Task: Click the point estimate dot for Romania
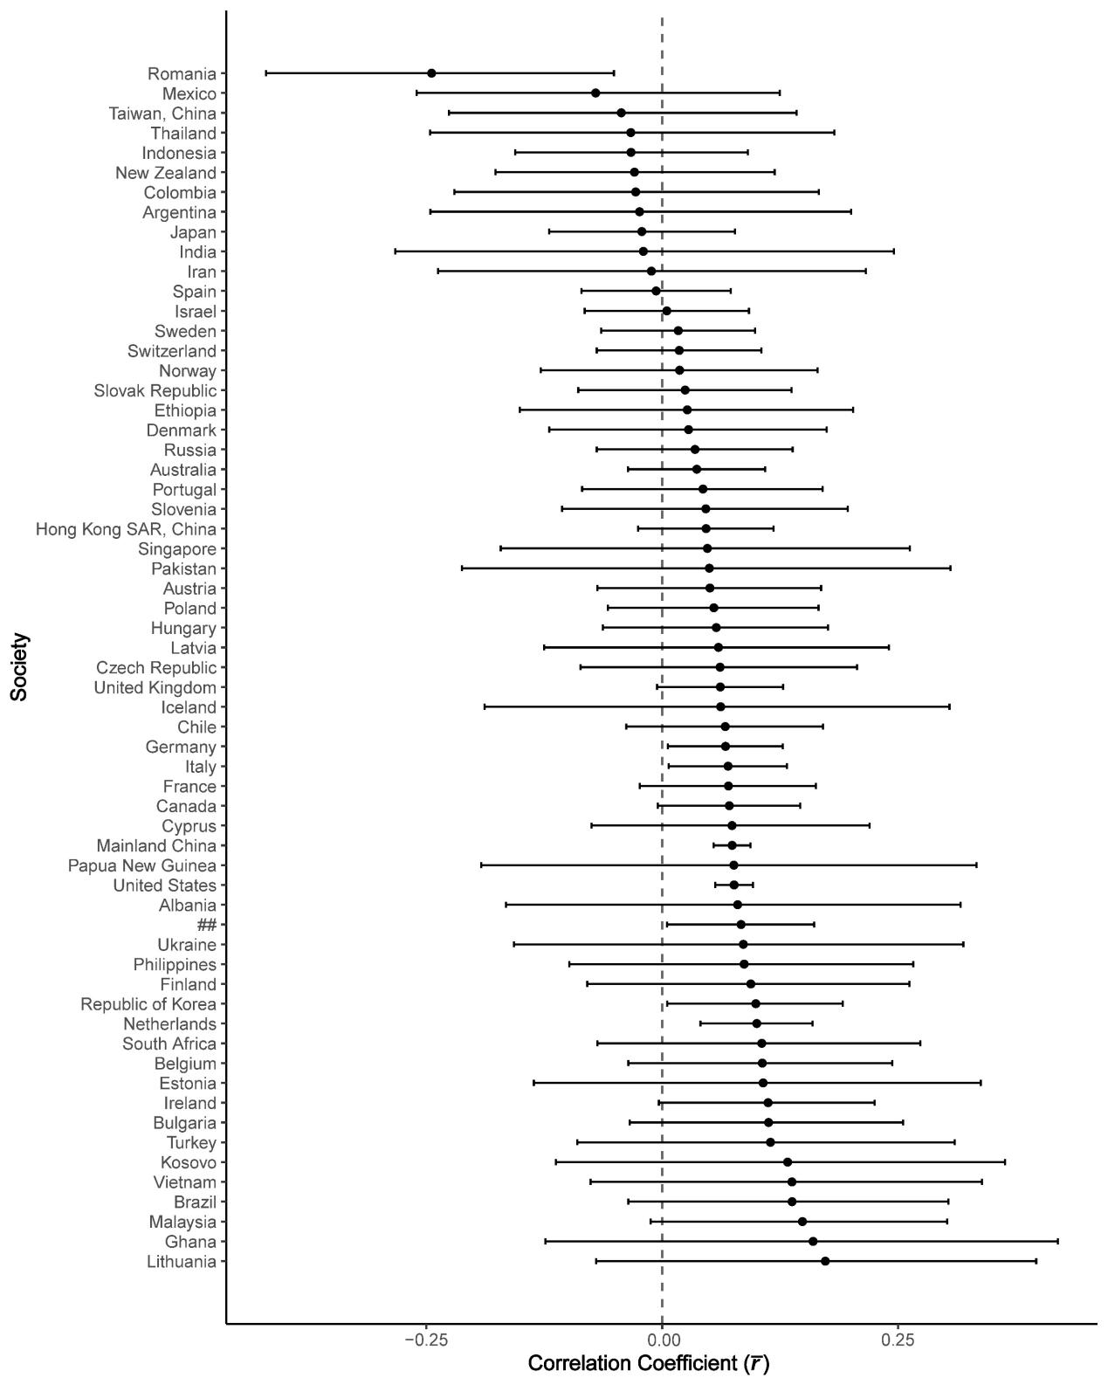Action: (x=431, y=73)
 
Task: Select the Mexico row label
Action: (x=189, y=93)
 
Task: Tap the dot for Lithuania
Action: (x=825, y=1261)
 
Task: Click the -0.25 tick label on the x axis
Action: (x=424, y=1338)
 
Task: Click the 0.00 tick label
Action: (x=662, y=1338)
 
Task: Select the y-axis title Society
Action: (x=19, y=666)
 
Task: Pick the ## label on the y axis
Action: (x=206, y=925)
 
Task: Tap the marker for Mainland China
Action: (x=732, y=845)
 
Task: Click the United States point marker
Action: (x=733, y=885)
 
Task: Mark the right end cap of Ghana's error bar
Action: (x=1058, y=1241)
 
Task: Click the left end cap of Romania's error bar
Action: (x=266, y=73)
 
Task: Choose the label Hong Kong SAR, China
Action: (x=126, y=529)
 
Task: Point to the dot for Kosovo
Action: (x=788, y=1162)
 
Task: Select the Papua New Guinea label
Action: (x=141, y=865)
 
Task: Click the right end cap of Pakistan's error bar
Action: (x=950, y=568)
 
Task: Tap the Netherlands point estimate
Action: (x=756, y=1023)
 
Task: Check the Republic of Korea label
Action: (x=148, y=1004)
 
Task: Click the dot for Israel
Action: (x=666, y=311)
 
